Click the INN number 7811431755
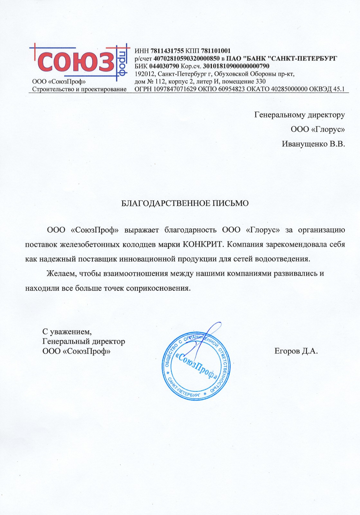click(x=167, y=51)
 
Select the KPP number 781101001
click(x=216, y=51)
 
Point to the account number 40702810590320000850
click(x=186, y=59)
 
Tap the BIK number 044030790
click(x=164, y=66)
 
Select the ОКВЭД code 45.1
click(x=339, y=89)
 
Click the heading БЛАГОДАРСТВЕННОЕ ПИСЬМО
click(x=185, y=203)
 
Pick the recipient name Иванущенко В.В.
click(x=313, y=144)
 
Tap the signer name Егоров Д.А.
click(x=296, y=351)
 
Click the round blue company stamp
click(x=196, y=366)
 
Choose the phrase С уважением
click(x=67, y=331)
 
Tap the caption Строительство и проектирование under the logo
click(x=79, y=89)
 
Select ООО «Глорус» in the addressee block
click(x=318, y=129)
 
